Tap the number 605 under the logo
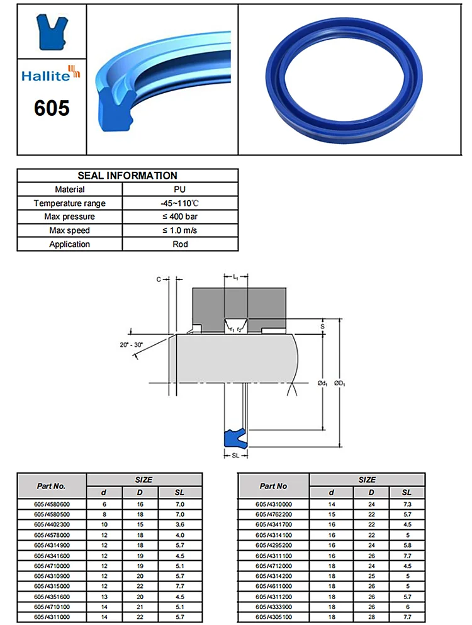pyautogui.click(x=51, y=108)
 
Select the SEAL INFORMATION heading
pyautogui.click(x=127, y=176)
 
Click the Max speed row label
pyautogui.click(x=70, y=230)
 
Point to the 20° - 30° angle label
pyautogui.click(x=131, y=344)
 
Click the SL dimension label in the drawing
pyautogui.click(x=235, y=454)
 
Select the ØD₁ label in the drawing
pyautogui.click(x=339, y=383)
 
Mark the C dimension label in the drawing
pyautogui.click(x=158, y=279)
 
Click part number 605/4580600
pyautogui.click(x=52, y=504)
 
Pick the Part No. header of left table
pyautogui.click(x=51, y=486)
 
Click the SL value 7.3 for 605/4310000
pyautogui.click(x=407, y=504)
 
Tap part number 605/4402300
pyautogui.click(x=52, y=524)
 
